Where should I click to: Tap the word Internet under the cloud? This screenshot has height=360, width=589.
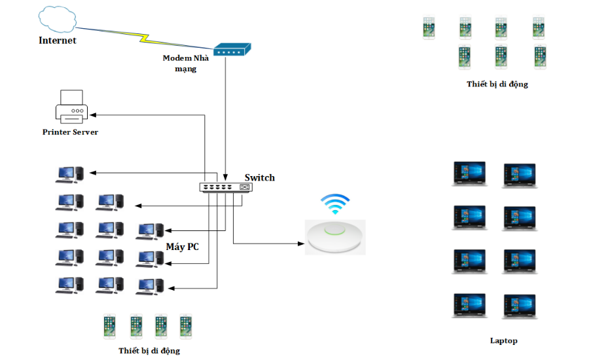[58, 41]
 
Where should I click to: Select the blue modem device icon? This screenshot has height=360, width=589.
[233, 49]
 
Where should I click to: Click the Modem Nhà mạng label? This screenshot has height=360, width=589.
[186, 63]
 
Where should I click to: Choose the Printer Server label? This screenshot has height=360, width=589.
[71, 132]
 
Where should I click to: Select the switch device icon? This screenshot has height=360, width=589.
[226, 187]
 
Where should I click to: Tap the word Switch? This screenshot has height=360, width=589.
[260, 177]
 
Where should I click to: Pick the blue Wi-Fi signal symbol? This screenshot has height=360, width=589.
[336, 204]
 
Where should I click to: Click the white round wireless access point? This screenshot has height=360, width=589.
[336, 236]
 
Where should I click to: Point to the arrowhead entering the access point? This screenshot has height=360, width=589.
[302, 244]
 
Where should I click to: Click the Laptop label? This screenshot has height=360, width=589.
[503, 340]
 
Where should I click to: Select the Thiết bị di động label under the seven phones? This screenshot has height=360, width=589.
[497, 84]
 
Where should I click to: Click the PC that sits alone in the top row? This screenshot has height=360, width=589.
[69, 173]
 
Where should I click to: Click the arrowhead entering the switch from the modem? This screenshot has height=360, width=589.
[225, 177]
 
